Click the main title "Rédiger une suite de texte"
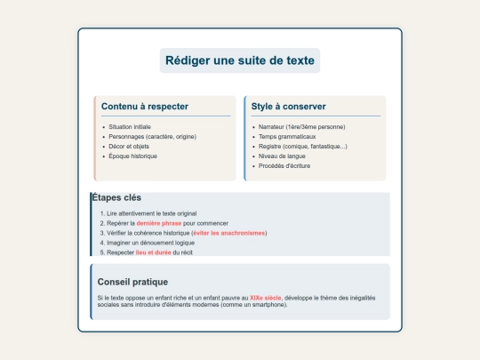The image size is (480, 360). click(239, 60)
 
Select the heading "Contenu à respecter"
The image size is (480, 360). click(145, 107)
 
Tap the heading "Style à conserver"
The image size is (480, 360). click(289, 107)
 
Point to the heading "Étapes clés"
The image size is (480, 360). click(116, 197)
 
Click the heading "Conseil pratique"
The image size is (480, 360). click(133, 282)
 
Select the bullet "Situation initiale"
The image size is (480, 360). click(130, 127)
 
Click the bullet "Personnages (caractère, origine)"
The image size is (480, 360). click(151, 137)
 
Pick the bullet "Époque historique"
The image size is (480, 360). click(132, 156)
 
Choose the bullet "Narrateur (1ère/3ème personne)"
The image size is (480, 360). click(301, 127)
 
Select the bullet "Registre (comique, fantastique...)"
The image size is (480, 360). click(303, 147)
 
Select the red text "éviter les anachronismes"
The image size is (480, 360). click(228, 233)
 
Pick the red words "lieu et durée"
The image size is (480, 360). click(154, 252)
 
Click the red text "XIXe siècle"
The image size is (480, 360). click(267, 297)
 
